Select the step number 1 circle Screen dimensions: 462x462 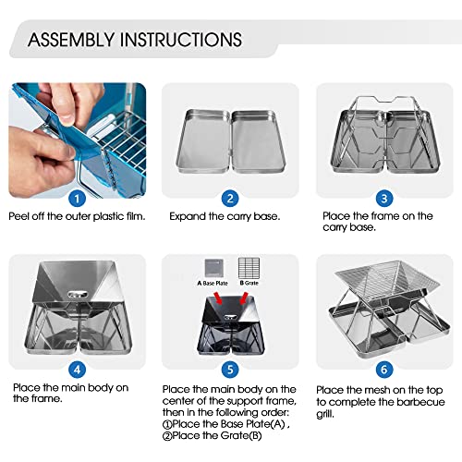tap(78, 197)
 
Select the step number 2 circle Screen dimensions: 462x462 tap(231, 197)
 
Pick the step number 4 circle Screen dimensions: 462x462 tap(78, 368)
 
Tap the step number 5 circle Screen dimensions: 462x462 tap(231, 368)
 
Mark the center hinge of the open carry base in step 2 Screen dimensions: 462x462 tap(230, 139)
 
